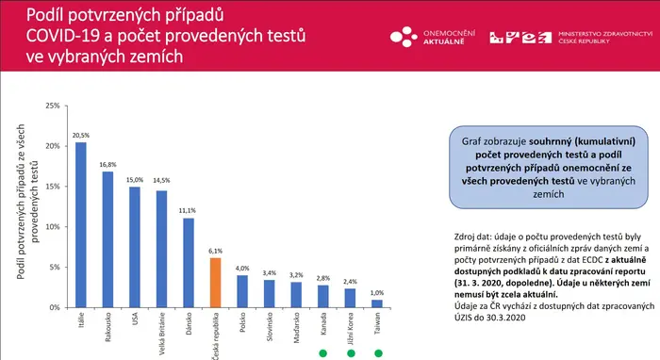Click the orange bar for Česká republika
[215, 283]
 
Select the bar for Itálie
[81, 224]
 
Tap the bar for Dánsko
[189, 262]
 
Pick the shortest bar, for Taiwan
[377, 303]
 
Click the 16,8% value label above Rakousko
[107, 164]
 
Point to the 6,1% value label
[215, 251]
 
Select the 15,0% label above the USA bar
[135, 180]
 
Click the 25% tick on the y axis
[53, 106]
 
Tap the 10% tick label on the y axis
[53, 227]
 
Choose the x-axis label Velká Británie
[162, 334]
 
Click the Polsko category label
[242, 322]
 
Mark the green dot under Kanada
[322, 353]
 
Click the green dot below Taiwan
[378, 353]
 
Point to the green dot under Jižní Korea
[351, 353]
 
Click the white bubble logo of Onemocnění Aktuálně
[404, 37]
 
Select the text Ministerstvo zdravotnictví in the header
[605, 33]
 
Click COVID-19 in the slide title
[63, 36]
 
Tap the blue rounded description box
[549, 168]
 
